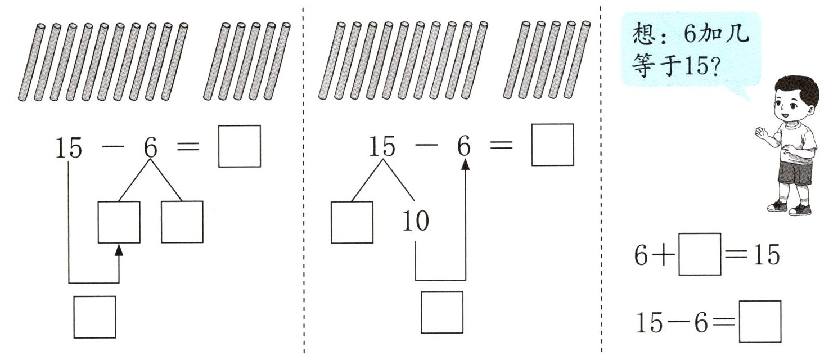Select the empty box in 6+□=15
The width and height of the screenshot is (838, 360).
coord(700,254)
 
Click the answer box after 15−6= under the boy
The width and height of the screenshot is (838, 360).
coord(760,322)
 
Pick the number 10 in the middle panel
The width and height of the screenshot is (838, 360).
coord(416,222)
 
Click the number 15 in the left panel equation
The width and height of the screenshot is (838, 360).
coord(69,148)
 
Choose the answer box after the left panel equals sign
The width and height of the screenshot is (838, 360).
coord(240,146)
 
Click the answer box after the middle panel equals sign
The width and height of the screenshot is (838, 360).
coord(552,145)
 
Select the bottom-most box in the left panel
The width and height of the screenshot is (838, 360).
coord(94,317)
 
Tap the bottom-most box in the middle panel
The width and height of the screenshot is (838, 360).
coord(442,312)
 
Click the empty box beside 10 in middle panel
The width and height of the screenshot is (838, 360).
coord(352,222)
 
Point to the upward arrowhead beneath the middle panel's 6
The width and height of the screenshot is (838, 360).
coord(465,164)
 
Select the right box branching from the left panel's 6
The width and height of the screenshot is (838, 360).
coord(182,222)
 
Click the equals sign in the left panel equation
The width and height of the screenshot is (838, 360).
coord(188,147)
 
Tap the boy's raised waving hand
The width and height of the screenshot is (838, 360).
coord(760,134)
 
